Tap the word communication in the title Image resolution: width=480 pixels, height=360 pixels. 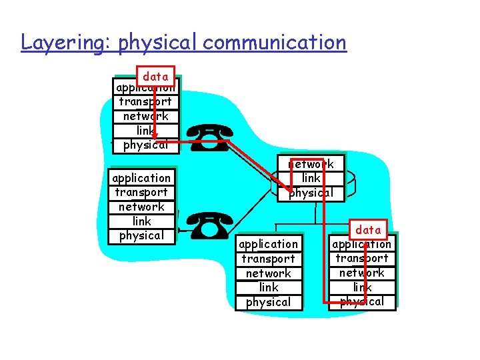[275, 43]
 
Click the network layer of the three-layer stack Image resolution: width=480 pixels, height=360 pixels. [311, 164]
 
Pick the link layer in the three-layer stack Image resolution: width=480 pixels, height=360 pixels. [311, 178]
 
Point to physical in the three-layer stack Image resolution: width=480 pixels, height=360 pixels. [311, 193]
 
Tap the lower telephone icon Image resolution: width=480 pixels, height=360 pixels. [209, 226]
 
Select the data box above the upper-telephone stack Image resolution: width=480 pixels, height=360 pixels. [155, 77]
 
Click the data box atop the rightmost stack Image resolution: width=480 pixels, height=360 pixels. [368, 230]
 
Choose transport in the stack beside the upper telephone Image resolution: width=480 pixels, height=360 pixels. [145, 101]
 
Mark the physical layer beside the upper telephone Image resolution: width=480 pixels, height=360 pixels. [145, 145]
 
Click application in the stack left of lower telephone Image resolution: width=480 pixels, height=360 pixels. [141, 178]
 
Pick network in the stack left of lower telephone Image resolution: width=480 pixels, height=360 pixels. [141, 207]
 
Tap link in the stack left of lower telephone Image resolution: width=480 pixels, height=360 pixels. [141, 221]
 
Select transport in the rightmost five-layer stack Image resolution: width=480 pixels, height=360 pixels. [362, 259]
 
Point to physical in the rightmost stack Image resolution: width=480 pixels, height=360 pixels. [362, 301]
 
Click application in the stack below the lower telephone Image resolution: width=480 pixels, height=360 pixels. [269, 244]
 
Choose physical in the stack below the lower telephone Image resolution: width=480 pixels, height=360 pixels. [269, 302]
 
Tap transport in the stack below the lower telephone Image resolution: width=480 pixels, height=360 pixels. [269, 259]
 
